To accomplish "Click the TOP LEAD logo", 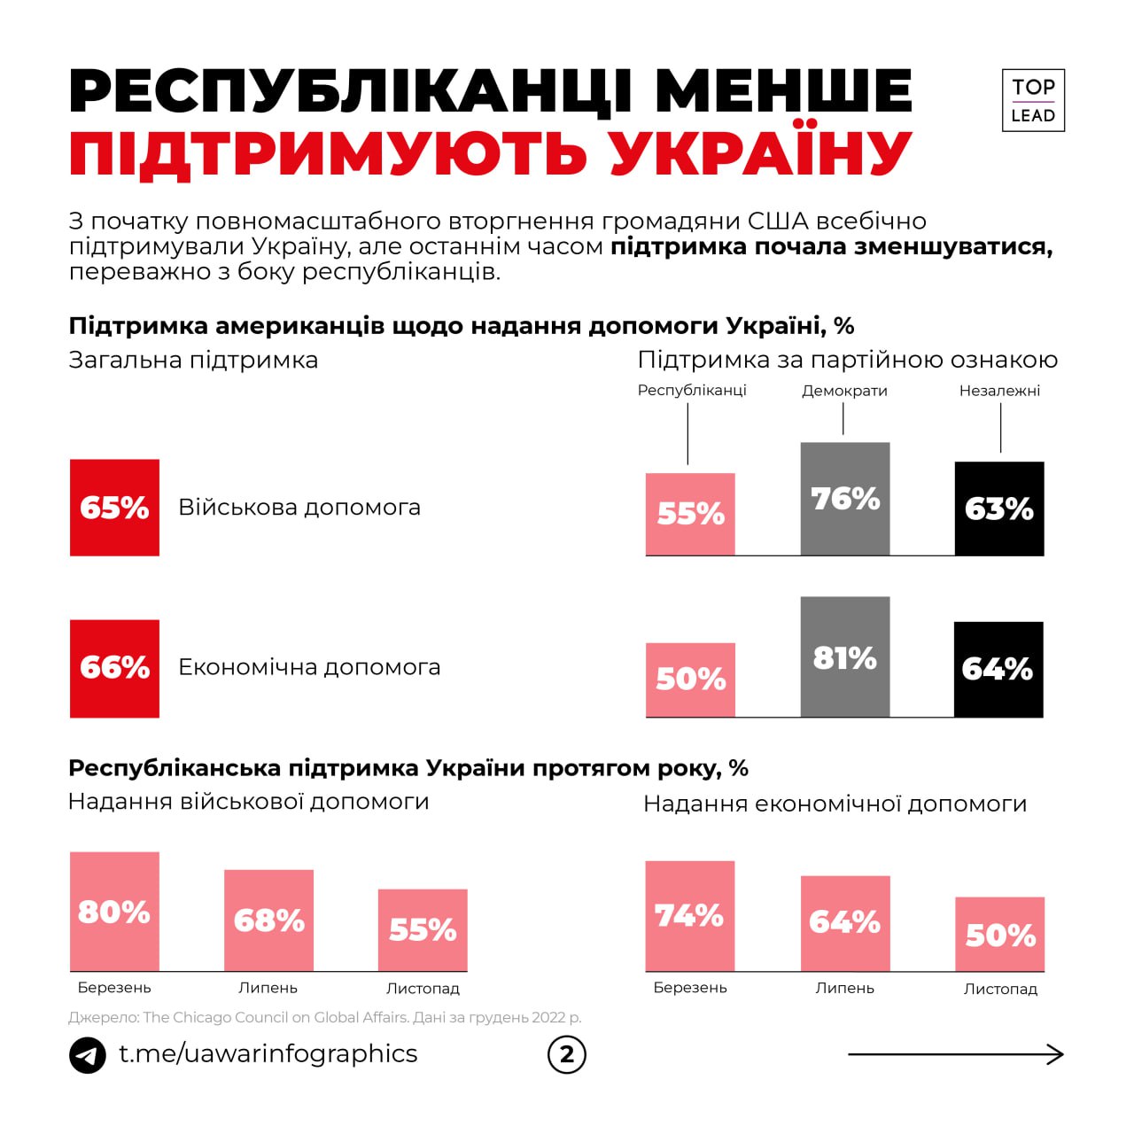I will [1033, 100].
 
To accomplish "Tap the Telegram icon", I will [88, 1054].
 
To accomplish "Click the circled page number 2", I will [567, 1054].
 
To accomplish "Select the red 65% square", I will [114, 508].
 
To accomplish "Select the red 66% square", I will [114, 668].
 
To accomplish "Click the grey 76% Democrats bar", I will [845, 499].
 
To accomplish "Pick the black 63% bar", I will [999, 509].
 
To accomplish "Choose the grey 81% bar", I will [845, 656].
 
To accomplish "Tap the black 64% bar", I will [998, 669].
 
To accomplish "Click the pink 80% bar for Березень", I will [114, 912].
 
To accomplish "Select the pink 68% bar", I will [268, 920].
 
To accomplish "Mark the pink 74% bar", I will [690, 916].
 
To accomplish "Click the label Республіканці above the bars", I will [692, 391].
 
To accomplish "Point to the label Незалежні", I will [999, 391].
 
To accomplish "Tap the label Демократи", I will [844, 391].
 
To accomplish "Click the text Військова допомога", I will [299, 508].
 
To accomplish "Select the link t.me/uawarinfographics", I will [268, 1053].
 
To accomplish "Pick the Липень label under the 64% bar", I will [844, 988].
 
